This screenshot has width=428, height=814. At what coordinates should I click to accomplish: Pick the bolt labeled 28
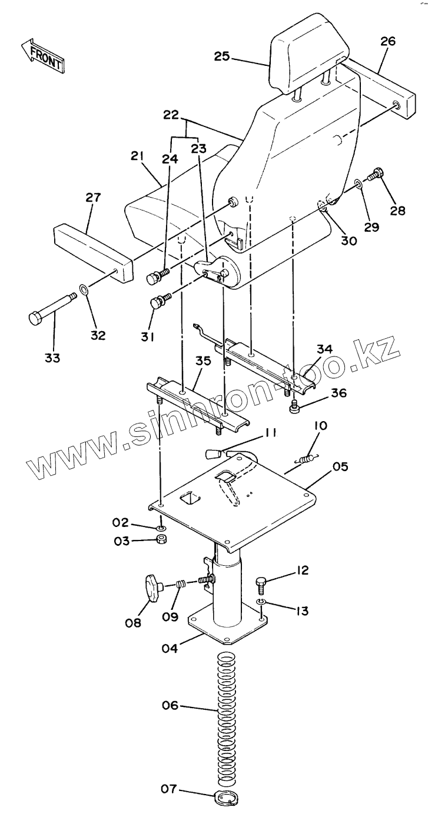pyautogui.click(x=374, y=175)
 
